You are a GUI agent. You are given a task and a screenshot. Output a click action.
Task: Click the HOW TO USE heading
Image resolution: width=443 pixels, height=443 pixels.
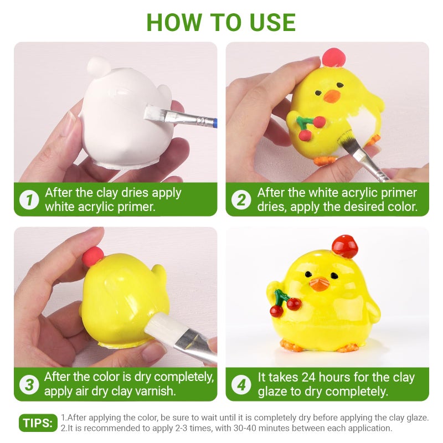click(x=221, y=23)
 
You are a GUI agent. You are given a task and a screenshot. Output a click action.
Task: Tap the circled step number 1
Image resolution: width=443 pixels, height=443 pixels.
click(x=29, y=200)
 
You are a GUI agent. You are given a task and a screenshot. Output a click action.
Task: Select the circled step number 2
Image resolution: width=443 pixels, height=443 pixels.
click(x=241, y=200)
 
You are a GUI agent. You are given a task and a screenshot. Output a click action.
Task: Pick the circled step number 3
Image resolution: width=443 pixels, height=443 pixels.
click(x=29, y=384)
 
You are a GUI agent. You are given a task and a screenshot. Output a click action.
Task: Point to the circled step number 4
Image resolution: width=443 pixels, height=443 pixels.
click(x=241, y=384)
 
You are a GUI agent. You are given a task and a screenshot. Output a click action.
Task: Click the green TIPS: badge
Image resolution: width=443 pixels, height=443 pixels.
click(x=38, y=423)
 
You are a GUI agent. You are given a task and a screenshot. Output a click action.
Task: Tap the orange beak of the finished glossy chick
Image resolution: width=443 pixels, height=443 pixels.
click(x=320, y=284)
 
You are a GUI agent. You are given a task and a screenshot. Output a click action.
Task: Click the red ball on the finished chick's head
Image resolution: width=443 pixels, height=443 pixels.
click(x=345, y=246)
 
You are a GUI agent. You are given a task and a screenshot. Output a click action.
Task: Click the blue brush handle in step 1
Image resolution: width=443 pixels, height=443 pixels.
click(x=214, y=123)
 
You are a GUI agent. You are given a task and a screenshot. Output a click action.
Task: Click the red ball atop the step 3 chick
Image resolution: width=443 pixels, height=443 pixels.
click(x=92, y=256)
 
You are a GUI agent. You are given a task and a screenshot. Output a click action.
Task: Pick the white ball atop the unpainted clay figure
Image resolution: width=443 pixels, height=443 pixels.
click(x=99, y=66)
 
